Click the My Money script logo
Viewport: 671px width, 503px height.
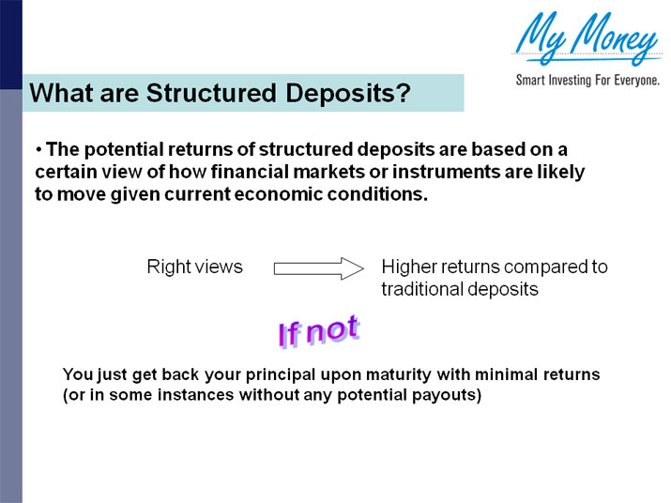coord(586,38)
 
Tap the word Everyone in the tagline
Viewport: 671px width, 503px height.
coord(630,81)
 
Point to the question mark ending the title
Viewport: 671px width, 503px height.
coord(404,94)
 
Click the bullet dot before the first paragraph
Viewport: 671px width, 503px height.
coord(39,150)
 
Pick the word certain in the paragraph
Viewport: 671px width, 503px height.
coord(65,173)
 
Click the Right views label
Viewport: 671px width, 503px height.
coord(194,267)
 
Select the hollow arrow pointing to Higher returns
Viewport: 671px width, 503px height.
coord(317,268)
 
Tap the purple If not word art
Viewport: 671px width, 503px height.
coord(317,330)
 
